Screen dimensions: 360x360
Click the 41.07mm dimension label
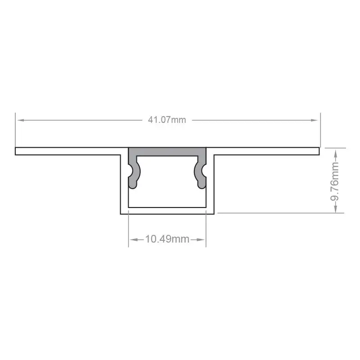(167, 120)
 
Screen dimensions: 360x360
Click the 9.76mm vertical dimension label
(335, 180)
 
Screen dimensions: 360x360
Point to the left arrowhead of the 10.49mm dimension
(132, 239)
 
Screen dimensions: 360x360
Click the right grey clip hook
(201, 173)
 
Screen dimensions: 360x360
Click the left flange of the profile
(67, 151)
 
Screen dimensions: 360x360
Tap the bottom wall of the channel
(167, 210)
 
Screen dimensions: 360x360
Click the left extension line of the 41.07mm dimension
(15, 130)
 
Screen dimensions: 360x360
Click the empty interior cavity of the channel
(167, 189)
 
